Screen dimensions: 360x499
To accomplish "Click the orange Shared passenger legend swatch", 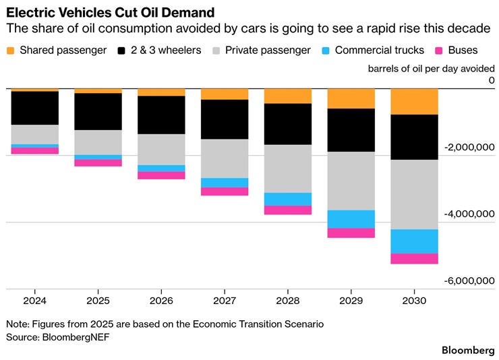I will click(x=11, y=51).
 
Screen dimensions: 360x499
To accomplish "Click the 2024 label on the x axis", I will click(x=34, y=301).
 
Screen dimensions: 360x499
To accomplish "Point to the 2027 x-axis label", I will click(x=225, y=301).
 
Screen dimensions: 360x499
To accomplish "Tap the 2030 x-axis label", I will click(x=414, y=301).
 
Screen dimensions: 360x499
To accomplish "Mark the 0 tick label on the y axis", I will click(x=492, y=81).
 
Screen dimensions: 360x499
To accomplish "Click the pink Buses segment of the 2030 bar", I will click(x=414, y=259).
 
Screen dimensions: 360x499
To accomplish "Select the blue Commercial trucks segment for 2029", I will click(x=351, y=219).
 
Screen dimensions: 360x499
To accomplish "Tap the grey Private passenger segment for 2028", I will click(x=288, y=169).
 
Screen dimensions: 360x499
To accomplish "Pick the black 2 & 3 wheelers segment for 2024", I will click(x=34, y=108).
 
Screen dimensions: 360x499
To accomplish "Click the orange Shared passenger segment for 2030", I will click(x=414, y=102).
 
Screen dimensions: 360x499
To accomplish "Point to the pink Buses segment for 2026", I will click(x=161, y=175).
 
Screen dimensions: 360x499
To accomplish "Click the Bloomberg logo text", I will click(x=467, y=350).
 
